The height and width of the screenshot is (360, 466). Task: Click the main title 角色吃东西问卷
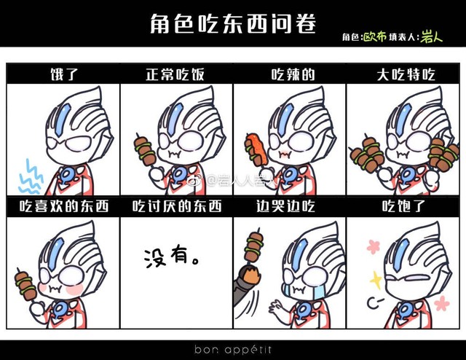coord(233,23)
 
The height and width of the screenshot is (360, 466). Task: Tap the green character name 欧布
coord(375,37)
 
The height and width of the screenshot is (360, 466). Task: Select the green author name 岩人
coord(431,37)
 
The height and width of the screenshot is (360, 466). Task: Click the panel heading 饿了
coord(64,74)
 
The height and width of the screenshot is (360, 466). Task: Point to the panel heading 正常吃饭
coord(175,74)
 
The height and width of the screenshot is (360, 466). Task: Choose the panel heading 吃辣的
coord(293,74)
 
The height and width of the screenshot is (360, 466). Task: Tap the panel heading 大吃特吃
coord(406,74)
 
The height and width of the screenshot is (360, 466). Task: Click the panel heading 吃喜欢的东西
coord(64,206)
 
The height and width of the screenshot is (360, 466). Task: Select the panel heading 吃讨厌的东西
coord(177,206)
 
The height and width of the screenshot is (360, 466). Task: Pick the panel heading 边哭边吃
coord(285,206)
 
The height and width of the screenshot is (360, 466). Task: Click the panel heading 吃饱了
coord(403,206)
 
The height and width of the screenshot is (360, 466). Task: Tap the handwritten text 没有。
coord(172,258)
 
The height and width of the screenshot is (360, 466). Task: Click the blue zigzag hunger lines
coord(31,176)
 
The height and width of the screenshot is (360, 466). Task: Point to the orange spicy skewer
coord(256,149)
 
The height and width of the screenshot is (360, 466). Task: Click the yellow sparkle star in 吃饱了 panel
coord(376,280)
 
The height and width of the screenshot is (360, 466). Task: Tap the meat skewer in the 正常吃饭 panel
coord(146,151)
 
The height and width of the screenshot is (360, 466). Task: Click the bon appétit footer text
coord(233,349)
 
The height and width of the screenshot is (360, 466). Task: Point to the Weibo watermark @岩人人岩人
coord(232,180)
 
